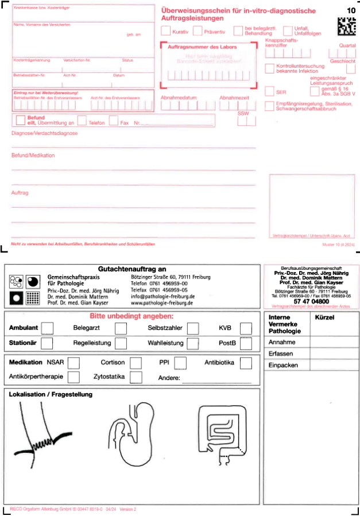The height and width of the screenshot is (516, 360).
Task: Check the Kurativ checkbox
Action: tap(166, 31)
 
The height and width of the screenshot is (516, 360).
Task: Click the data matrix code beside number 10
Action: tap(345, 26)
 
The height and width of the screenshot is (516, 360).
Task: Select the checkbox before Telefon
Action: tap(82, 121)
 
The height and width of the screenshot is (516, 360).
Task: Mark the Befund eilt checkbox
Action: tap(21, 119)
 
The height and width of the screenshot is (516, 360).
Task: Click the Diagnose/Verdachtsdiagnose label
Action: tap(44, 133)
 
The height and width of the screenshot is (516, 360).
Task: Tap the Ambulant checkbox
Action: tap(48, 328)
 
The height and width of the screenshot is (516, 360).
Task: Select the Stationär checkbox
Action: tap(48, 343)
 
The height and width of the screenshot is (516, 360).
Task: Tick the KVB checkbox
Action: tap(246, 328)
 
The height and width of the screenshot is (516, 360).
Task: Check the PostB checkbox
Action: tap(246, 343)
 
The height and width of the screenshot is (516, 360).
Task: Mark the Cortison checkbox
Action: tap(136, 363)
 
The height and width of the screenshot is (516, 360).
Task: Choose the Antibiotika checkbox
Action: tap(246, 363)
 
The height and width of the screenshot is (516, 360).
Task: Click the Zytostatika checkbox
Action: tap(136, 377)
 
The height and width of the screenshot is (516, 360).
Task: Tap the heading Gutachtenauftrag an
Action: tap(132, 269)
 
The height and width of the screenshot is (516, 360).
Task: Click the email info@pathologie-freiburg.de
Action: tap(163, 296)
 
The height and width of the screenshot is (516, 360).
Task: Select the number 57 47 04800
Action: tap(311, 301)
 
